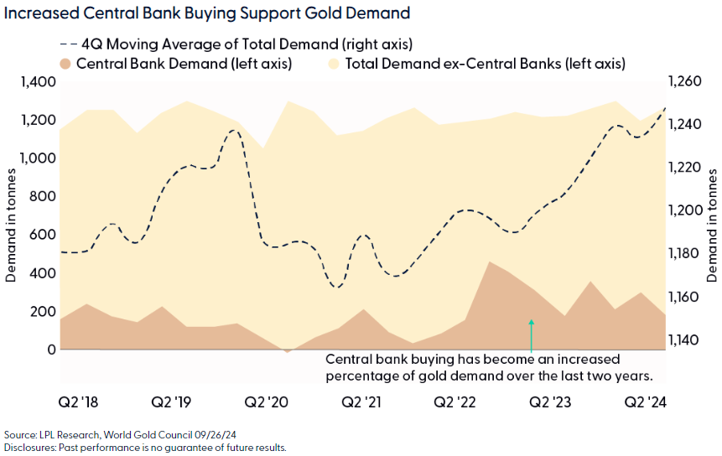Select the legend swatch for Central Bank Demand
click(x=65, y=63)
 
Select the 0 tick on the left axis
click(x=51, y=350)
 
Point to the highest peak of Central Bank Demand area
click(x=490, y=262)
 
